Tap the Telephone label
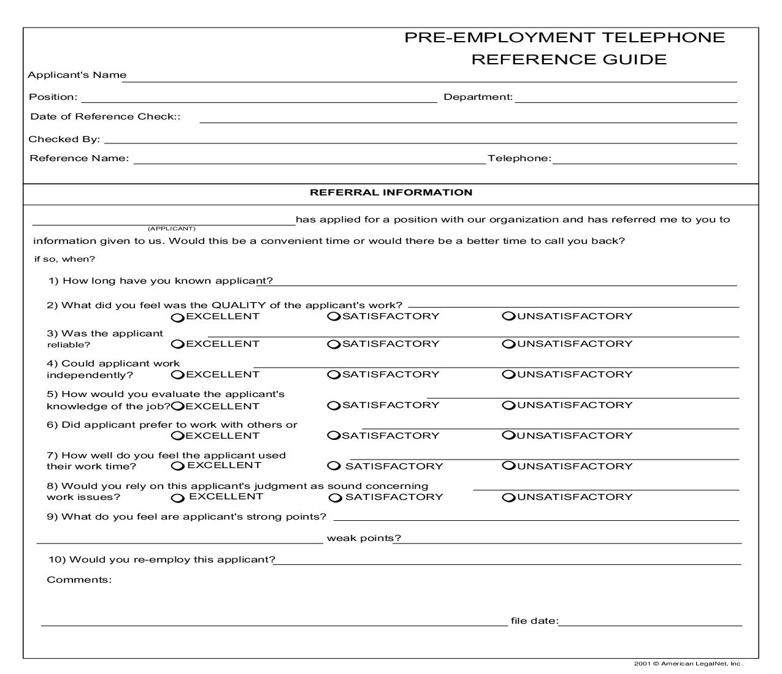click(519, 158)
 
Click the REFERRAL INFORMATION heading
click(391, 192)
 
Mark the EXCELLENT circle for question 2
click(177, 317)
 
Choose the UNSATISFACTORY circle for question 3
click(508, 344)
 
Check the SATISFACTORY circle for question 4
click(333, 374)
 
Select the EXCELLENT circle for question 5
click(177, 406)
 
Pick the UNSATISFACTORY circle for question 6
click(508, 436)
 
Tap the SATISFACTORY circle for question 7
click(333, 466)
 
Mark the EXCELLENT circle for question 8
click(177, 498)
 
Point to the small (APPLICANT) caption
click(171, 229)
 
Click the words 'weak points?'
click(364, 538)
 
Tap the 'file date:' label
click(534, 621)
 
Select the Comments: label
click(79, 580)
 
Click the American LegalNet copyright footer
click(688, 664)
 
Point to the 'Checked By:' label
click(64, 139)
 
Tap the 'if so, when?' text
click(64, 259)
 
